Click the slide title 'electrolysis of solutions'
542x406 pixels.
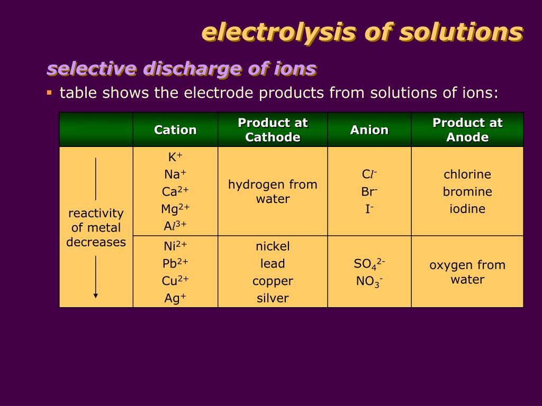(363, 32)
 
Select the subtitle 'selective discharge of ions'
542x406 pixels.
(182, 69)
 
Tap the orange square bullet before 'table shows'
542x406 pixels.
(49, 93)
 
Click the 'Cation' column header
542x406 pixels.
(175, 130)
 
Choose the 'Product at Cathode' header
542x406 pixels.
(273, 130)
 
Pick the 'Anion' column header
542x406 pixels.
(369, 130)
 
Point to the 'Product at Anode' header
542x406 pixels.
(467, 130)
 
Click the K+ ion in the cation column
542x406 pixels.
(175, 157)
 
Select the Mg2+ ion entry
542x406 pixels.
(175, 209)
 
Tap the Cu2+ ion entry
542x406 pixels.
(175, 281)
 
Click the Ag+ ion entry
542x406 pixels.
(175, 298)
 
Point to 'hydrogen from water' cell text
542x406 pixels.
(273, 191)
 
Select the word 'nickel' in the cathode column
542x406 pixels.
(273, 246)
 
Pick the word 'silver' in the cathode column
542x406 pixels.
(273, 298)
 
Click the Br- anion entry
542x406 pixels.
(369, 191)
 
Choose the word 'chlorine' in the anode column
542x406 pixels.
(467, 174)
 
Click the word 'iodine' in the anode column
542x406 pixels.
(467, 209)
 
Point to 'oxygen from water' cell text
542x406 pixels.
(467, 272)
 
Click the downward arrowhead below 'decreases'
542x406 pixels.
(96, 295)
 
